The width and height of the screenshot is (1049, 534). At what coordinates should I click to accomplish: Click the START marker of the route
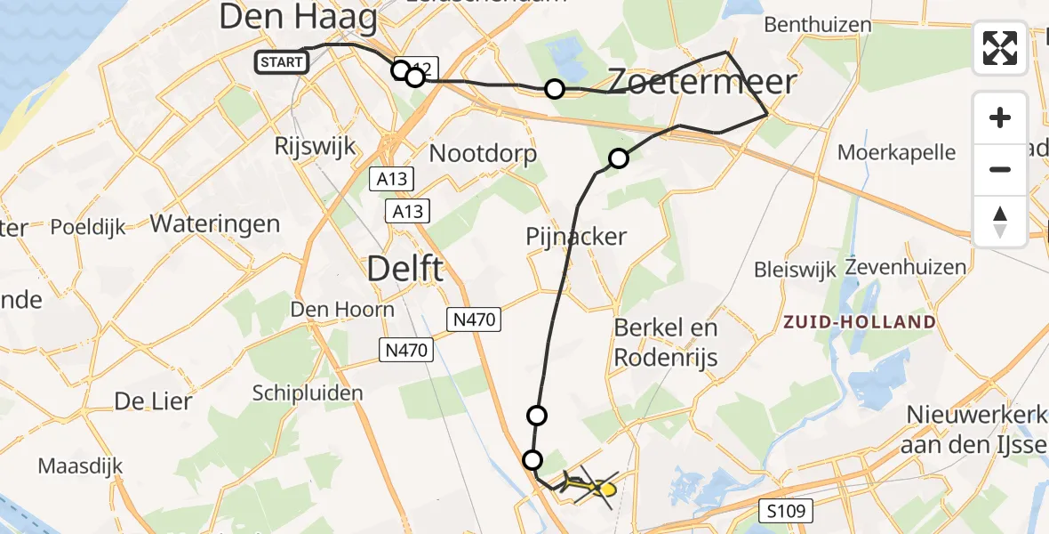point(282,61)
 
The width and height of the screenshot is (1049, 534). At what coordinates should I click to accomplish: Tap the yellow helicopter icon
point(590,486)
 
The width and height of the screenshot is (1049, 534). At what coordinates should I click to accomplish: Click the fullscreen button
point(1000,48)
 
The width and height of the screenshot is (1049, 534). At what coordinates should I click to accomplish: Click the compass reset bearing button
point(1000,222)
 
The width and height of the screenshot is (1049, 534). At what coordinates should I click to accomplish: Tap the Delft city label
point(404,267)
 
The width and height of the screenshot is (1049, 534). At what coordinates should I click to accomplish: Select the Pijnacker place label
point(576,237)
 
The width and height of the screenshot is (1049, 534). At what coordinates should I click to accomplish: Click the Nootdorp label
point(483,154)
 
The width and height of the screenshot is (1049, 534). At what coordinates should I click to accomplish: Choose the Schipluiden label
point(308,392)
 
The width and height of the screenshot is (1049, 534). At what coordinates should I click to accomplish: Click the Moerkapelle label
point(897,152)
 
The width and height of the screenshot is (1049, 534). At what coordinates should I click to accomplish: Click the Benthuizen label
point(818,24)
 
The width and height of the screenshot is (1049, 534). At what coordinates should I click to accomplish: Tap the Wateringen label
point(215,222)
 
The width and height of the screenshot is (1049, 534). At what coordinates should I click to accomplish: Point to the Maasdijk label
point(80,465)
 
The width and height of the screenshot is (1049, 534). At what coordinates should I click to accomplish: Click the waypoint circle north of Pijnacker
point(618,159)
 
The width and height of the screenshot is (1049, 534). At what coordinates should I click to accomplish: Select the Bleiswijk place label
point(796,269)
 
